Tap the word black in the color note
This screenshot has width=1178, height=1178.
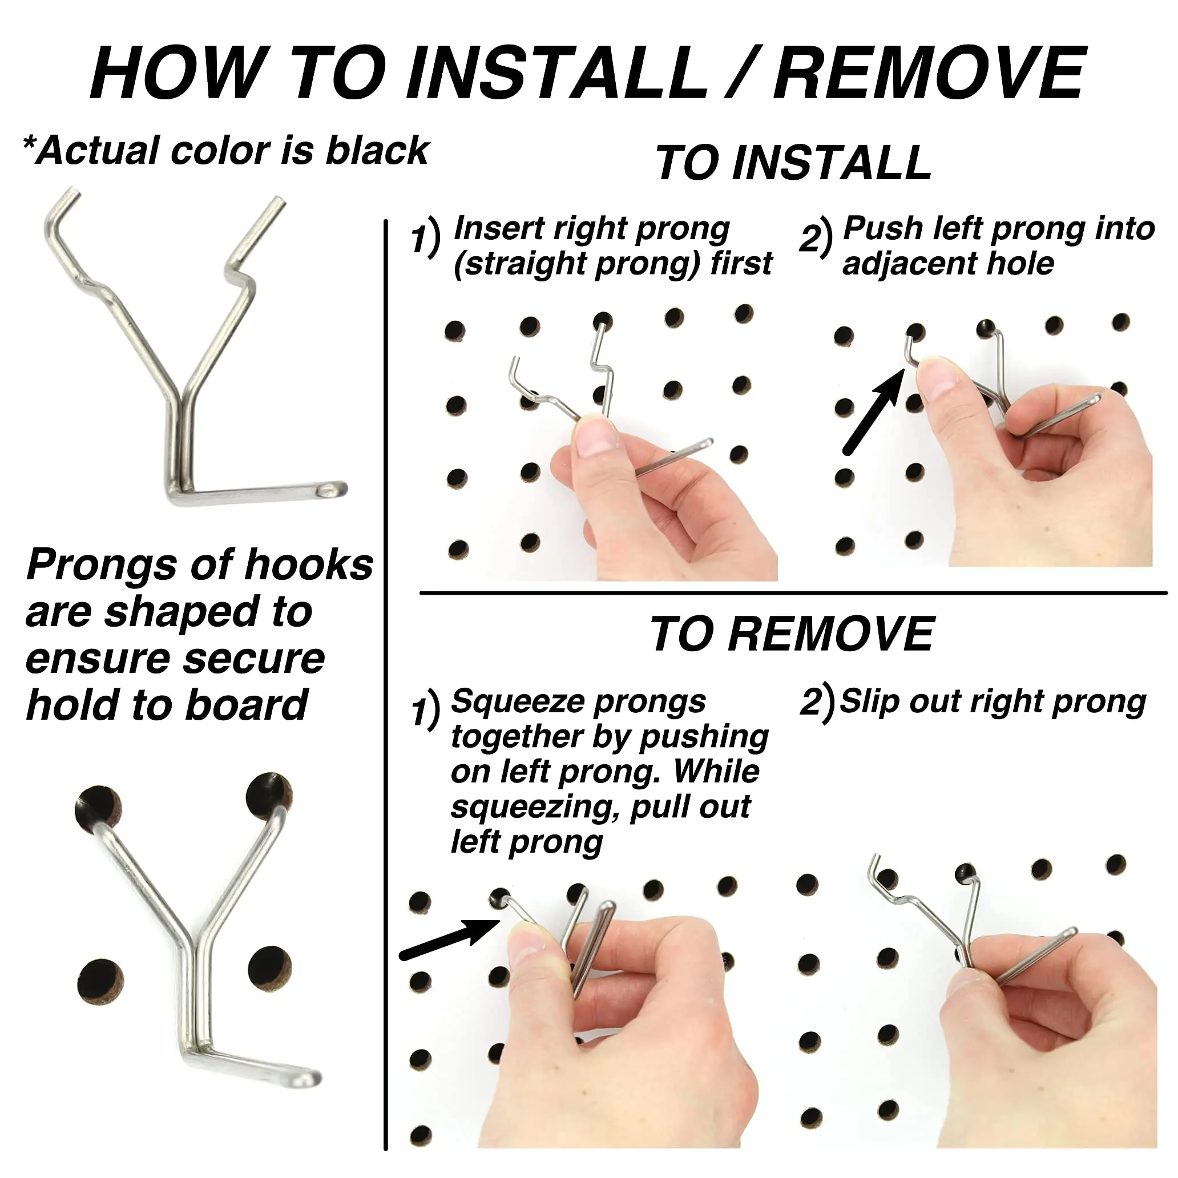(377, 151)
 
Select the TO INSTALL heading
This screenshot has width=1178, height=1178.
(793, 163)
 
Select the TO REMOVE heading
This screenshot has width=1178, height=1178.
(792, 635)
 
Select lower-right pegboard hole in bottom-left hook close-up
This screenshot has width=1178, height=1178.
(270, 969)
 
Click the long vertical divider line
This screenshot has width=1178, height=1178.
(386, 671)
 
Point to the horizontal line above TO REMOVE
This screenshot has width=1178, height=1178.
(793, 592)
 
